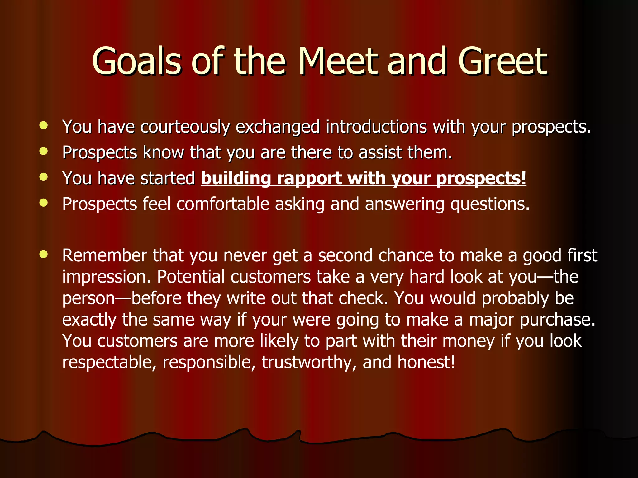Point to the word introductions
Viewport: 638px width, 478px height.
(376, 127)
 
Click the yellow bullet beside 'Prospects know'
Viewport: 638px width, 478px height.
(44, 152)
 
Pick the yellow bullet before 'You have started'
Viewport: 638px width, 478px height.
(44, 177)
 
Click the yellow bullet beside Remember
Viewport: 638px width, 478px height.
(44, 254)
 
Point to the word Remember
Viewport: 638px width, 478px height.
(104, 255)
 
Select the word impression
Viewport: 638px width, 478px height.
(106, 277)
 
